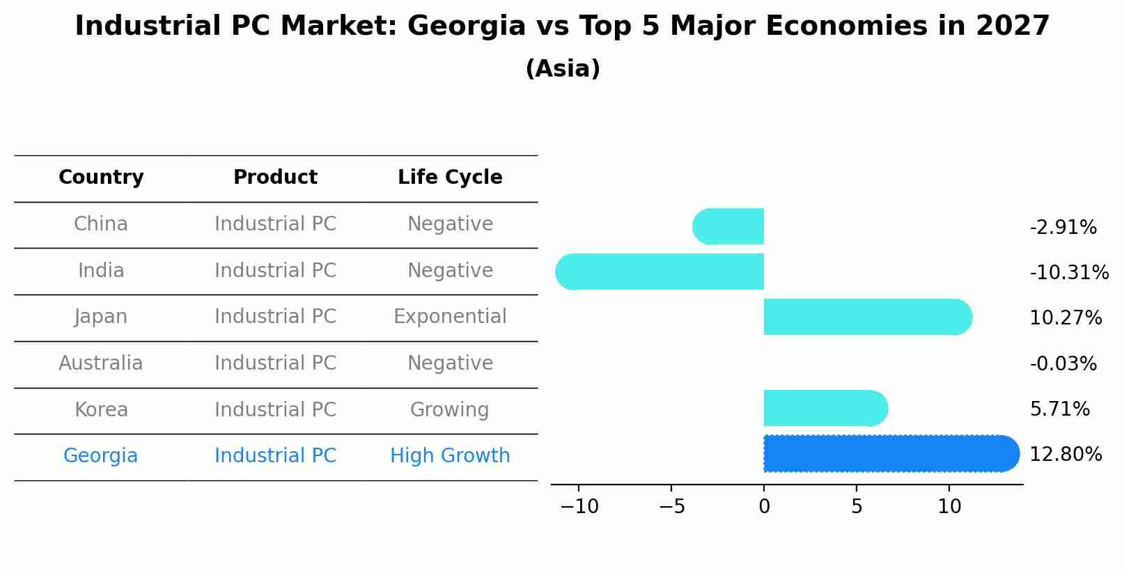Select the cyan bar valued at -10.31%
662,272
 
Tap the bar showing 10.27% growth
864,317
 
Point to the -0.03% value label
1063,363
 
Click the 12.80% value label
1065,455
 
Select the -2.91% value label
1063,228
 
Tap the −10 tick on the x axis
579,507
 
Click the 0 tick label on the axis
764,507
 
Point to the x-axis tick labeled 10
949,507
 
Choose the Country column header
101,178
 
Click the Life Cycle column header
450,178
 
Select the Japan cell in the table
101,317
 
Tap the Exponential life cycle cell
450,317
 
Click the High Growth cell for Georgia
450,456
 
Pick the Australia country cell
101,363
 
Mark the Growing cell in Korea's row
450,410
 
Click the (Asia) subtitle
563,69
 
